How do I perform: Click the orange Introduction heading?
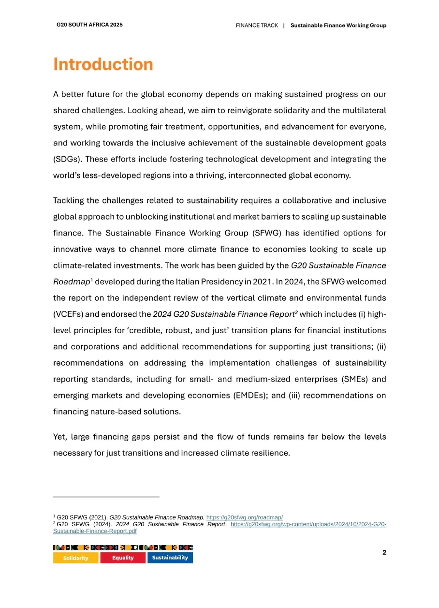pyautogui.click(x=103, y=65)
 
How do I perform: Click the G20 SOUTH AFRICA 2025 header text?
pyautogui.click(x=90, y=25)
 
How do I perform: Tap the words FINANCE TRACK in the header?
pyautogui.click(x=257, y=25)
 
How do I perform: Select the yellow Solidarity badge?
pyautogui.click(x=76, y=558)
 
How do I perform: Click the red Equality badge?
pyautogui.click(x=123, y=558)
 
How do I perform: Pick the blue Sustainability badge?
pyautogui.click(x=170, y=558)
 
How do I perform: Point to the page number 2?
pyautogui.click(x=384, y=552)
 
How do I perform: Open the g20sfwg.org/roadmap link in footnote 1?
pyautogui.click(x=245, y=517)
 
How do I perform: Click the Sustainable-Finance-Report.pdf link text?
pyautogui.click(x=95, y=531)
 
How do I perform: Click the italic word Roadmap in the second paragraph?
pyautogui.click(x=71, y=282)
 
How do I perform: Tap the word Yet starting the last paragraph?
pyautogui.click(x=60, y=437)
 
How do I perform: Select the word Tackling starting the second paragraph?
pyautogui.click(x=68, y=201)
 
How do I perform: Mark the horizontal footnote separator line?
pyautogui.click(x=106, y=497)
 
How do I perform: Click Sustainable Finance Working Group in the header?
pyautogui.click(x=338, y=25)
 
